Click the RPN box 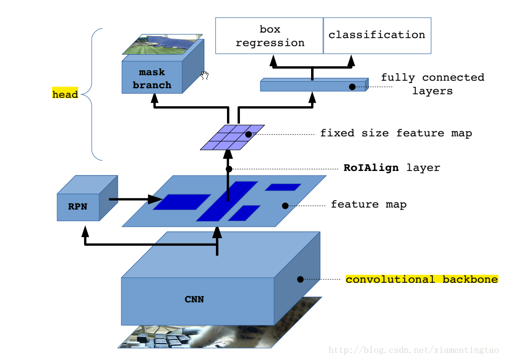pyautogui.click(x=78, y=206)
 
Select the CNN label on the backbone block pyautogui.click(x=194, y=300)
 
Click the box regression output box pyautogui.click(x=270, y=36)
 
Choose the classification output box pyautogui.click(x=377, y=35)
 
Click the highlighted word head pyautogui.click(x=65, y=94)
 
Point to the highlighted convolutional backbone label pyautogui.click(x=421, y=279)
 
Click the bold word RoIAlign pyautogui.click(x=371, y=167)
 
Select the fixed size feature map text pyautogui.click(x=396, y=133)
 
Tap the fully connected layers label pyautogui.click(x=432, y=84)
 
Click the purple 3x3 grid pyautogui.click(x=232, y=137)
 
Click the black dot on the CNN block pyautogui.click(x=301, y=279)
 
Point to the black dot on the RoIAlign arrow pyautogui.click(x=229, y=169)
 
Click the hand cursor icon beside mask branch pyautogui.click(x=204, y=75)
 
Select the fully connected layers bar pyautogui.click(x=311, y=86)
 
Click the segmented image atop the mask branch pyautogui.click(x=163, y=44)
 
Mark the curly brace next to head pyautogui.click(x=93, y=94)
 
